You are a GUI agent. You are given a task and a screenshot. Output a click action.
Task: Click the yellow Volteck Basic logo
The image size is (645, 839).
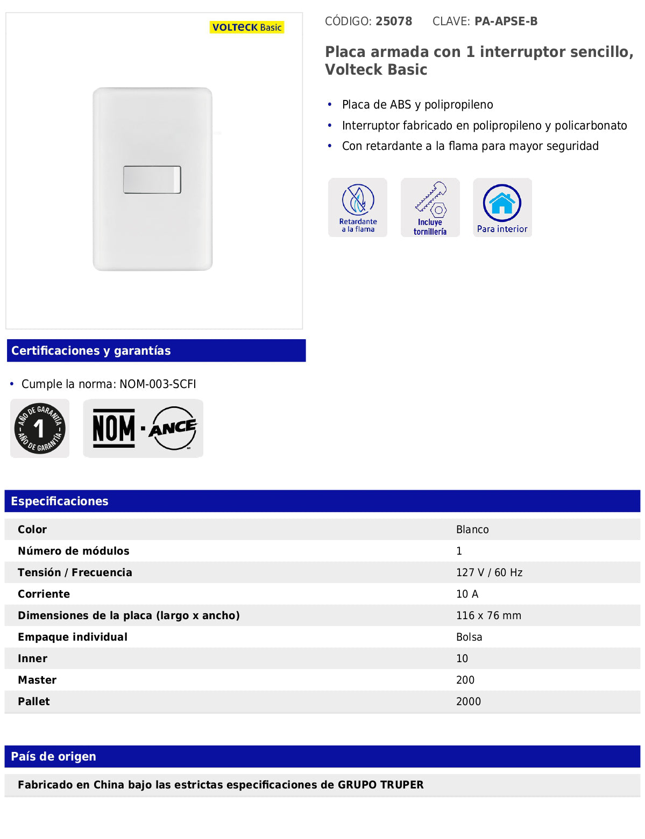(247, 27)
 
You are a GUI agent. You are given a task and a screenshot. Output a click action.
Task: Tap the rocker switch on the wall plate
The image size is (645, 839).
(152, 180)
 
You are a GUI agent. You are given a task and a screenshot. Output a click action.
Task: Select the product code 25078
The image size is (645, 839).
(394, 21)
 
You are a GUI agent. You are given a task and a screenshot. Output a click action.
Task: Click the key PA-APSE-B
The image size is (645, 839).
(506, 21)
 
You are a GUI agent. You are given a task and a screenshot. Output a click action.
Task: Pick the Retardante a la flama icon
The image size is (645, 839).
(358, 207)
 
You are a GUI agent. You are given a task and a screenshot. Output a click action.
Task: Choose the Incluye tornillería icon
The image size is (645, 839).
(430, 207)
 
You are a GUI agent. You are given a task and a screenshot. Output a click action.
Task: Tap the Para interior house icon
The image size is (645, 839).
(502, 207)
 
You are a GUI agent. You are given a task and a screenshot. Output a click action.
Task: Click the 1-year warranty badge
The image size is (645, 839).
(40, 428)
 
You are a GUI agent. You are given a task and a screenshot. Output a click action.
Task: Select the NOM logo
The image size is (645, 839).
(114, 428)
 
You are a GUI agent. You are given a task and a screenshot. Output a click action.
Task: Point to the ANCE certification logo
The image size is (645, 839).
(173, 428)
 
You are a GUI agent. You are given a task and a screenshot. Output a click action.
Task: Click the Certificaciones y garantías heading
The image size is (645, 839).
(91, 351)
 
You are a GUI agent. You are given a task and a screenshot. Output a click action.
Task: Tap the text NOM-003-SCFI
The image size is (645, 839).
(158, 384)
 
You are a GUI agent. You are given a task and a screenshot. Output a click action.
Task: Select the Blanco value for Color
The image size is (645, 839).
(472, 529)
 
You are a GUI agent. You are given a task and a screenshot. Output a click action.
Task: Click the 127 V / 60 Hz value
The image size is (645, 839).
(489, 572)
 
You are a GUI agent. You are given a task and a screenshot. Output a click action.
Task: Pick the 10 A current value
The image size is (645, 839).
(467, 594)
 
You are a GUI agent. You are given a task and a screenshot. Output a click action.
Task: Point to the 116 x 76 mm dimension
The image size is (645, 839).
(488, 615)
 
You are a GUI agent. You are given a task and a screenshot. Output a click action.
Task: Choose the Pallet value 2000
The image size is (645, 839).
(468, 701)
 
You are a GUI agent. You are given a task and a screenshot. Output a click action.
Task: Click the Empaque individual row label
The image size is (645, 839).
(73, 637)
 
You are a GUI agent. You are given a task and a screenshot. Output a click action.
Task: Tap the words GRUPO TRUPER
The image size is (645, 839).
(380, 785)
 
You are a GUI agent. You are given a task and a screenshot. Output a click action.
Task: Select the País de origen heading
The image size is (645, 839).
(53, 757)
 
